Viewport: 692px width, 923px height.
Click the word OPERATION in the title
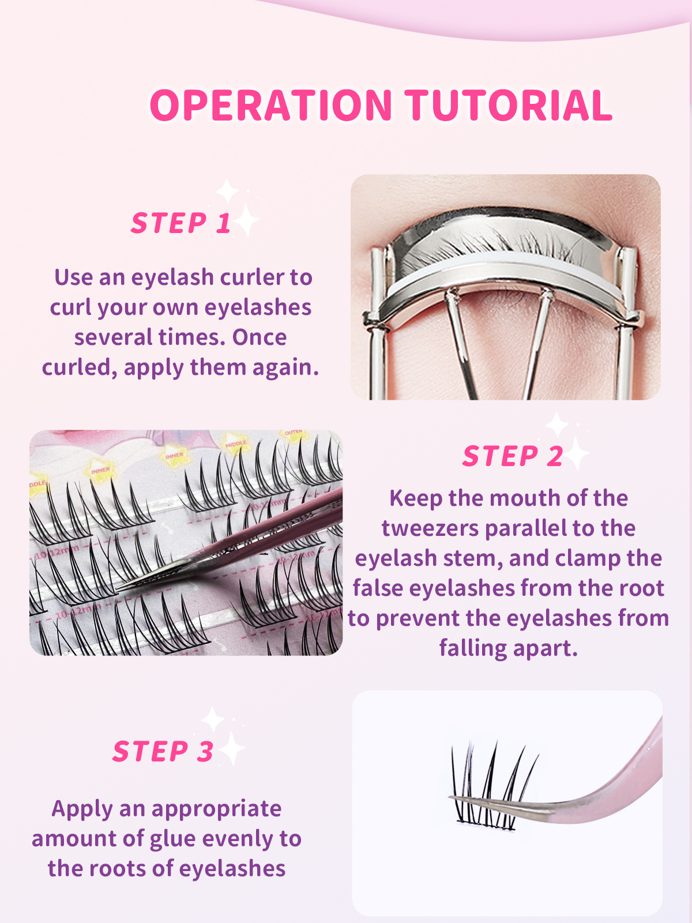point(271,106)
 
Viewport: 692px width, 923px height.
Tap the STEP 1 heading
point(181,223)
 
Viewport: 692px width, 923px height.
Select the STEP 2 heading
point(513,456)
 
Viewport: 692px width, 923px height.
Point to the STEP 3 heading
point(163,752)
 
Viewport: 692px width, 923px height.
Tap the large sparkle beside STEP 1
point(247,220)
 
